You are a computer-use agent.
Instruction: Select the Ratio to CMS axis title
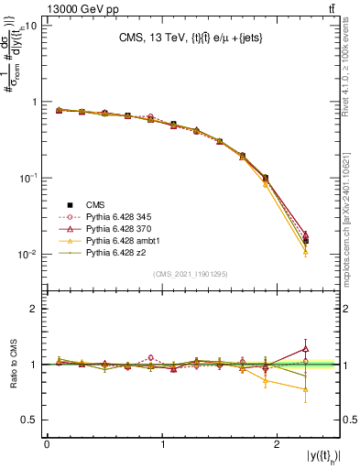click(12, 365)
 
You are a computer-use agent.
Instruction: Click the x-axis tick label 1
click(162, 444)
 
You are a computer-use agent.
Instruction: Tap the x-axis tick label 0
click(47, 444)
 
